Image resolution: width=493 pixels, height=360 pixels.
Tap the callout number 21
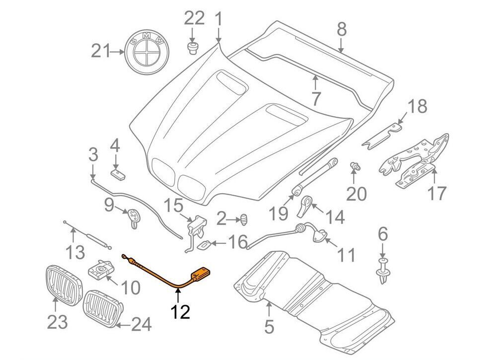(101, 51)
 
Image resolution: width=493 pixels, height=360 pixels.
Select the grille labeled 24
(102, 307)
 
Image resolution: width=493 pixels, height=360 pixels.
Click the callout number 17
(437, 193)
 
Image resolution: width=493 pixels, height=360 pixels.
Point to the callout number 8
(342, 30)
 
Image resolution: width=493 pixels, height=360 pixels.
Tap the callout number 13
(76, 253)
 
